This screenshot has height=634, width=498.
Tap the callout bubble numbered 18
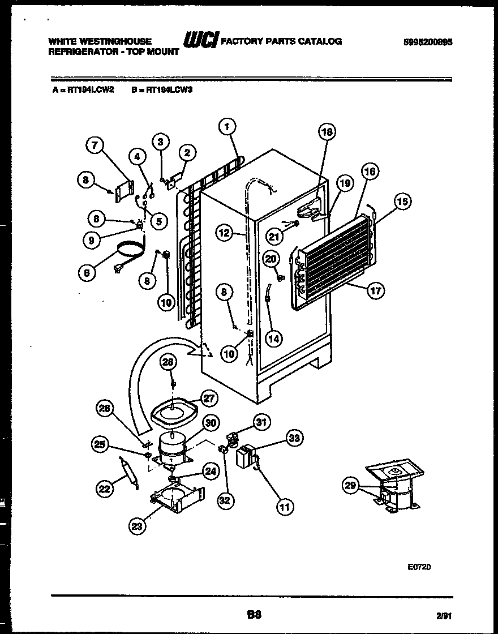327,132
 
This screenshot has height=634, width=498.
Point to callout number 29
351,485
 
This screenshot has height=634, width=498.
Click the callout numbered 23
136,526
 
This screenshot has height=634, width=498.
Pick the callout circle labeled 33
294,438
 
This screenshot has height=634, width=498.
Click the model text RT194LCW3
170,89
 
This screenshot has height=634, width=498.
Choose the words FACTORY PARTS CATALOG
281,41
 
